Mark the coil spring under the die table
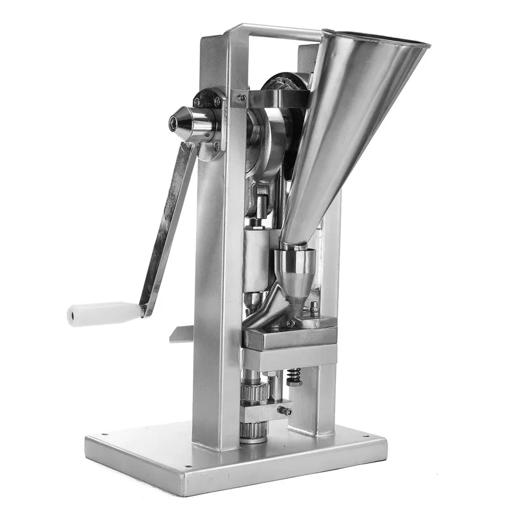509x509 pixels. pyautogui.click(x=295, y=377)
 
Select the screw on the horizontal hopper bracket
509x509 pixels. pyautogui.click(x=242, y=98)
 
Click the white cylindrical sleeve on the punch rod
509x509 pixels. pyautogui.click(x=258, y=258)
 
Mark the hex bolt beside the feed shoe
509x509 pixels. pyautogui.click(x=313, y=310)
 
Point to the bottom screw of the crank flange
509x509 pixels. pyautogui.click(x=216, y=148)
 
